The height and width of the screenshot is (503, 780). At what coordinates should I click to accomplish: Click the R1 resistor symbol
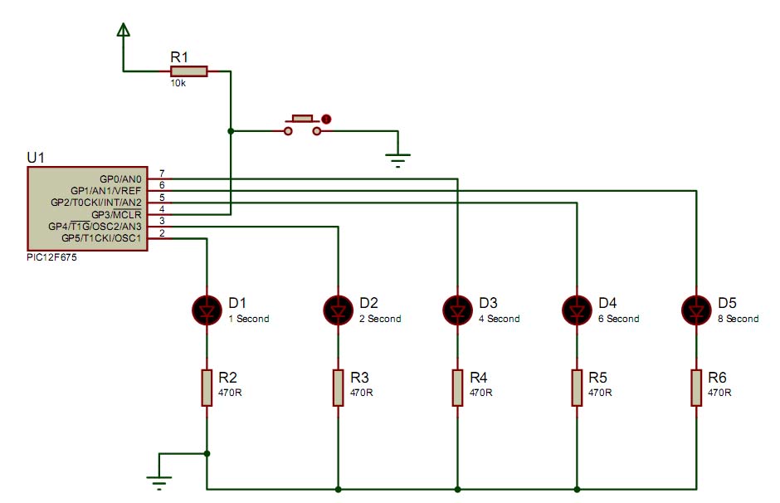point(188,71)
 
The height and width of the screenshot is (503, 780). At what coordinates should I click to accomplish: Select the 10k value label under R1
point(178,84)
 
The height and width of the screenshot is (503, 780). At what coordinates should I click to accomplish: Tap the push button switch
point(303,125)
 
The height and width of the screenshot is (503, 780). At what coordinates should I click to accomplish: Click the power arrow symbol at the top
point(124,30)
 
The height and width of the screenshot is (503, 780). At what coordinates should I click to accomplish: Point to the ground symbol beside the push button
point(398,160)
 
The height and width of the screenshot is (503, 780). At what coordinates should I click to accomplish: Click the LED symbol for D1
point(207,310)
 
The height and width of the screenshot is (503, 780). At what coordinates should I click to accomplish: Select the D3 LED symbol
point(458,310)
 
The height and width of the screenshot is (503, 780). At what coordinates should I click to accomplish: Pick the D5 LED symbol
point(696,310)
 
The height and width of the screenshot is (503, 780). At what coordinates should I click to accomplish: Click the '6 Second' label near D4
point(618,319)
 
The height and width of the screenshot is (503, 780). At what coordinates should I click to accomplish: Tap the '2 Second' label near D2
point(380,319)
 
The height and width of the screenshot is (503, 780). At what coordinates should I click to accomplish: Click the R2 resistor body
point(207,388)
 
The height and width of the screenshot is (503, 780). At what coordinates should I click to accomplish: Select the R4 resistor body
point(458,388)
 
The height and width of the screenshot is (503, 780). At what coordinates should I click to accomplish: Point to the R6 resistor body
point(696,388)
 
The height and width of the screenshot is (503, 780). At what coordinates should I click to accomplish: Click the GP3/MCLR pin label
point(116,215)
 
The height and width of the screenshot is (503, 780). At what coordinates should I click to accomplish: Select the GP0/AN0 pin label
point(120,179)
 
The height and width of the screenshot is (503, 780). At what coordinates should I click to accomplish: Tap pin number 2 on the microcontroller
point(162,233)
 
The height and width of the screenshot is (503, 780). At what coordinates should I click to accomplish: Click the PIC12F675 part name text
point(51,257)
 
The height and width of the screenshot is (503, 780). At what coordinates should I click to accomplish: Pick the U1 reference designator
point(36,158)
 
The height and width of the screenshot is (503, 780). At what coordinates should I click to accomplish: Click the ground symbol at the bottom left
point(159,482)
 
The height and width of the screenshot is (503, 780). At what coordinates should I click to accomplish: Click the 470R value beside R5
point(600,393)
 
